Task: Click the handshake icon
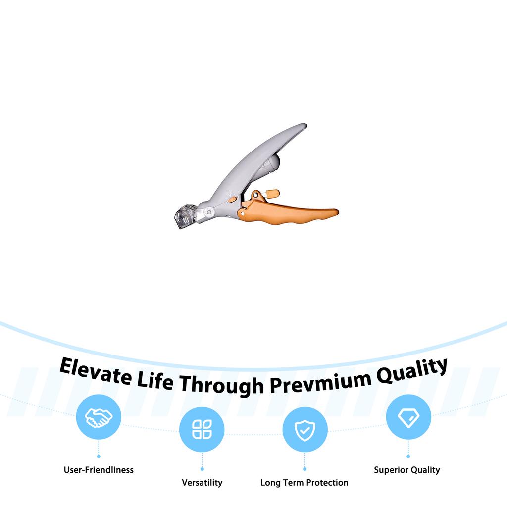99,417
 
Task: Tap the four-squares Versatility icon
202,429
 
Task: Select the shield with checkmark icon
304,429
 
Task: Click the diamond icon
408,417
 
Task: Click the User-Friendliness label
99,470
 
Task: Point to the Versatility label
202,482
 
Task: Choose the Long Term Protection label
304,482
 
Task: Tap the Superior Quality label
407,470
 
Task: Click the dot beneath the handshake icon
99,456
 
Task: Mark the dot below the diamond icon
408,456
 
